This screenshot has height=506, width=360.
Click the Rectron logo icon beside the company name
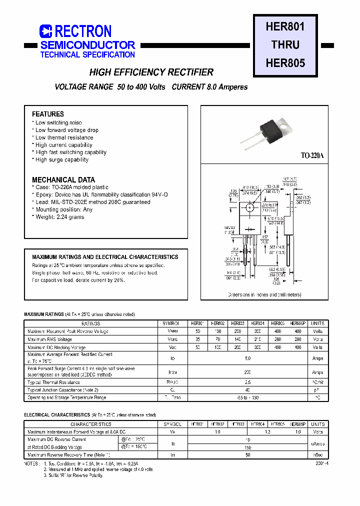46,31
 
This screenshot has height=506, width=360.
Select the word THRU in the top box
285,44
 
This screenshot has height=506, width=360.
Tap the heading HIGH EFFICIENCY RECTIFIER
151,72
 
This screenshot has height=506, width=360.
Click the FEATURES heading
48,114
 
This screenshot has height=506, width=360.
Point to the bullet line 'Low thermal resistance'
64,137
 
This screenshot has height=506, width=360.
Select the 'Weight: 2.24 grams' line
59,217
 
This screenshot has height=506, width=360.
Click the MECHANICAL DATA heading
63,179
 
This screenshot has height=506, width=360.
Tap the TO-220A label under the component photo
312,155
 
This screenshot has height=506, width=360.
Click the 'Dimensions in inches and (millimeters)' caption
265,295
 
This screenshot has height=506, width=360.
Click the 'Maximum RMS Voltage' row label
49,339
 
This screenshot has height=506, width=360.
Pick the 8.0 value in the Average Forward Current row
248,358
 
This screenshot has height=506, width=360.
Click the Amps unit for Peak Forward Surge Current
317,372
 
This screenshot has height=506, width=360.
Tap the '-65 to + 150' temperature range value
248,397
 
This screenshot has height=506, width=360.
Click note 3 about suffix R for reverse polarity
73,475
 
